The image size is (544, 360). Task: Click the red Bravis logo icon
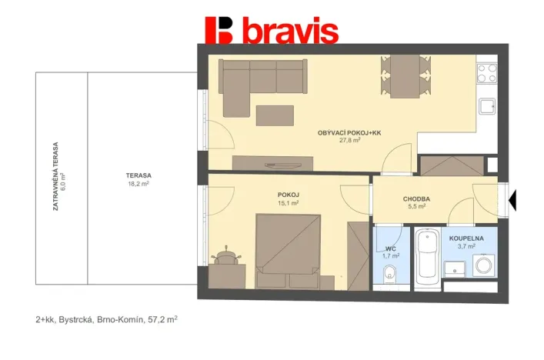point(219,30)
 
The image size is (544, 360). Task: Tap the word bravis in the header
point(289,32)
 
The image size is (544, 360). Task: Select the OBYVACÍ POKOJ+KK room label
point(349,133)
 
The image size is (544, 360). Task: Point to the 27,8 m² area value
point(350,141)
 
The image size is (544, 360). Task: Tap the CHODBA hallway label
point(416,198)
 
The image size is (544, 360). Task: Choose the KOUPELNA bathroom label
point(466,238)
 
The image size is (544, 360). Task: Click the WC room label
point(390,248)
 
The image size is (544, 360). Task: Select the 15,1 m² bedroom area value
point(288,203)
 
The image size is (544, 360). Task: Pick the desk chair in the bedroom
point(226,255)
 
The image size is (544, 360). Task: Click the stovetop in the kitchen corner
point(486,74)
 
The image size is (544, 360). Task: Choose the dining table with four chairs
point(403,77)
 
